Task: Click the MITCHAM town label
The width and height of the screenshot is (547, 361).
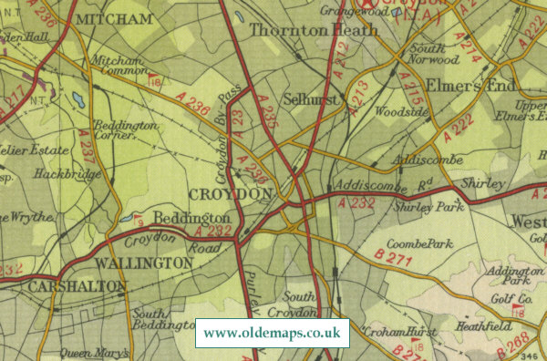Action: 113,18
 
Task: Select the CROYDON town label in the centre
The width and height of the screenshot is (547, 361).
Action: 232,194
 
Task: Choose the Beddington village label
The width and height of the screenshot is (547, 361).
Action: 191,219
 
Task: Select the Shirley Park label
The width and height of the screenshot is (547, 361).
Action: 429,207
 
